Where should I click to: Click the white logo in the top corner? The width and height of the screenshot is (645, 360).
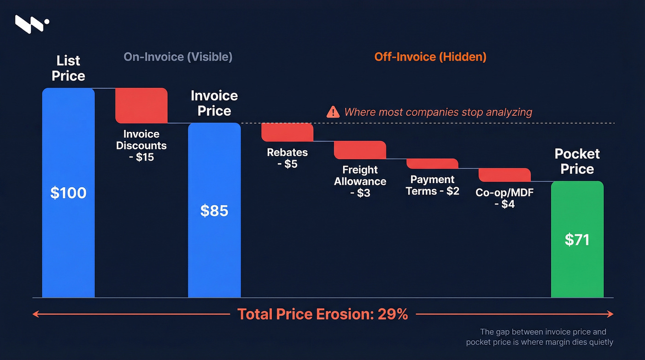[x=31, y=24]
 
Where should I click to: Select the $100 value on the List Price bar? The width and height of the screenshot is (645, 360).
[x=68, y=193]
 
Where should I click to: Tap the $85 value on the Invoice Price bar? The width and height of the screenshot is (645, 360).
[x=214, y=211]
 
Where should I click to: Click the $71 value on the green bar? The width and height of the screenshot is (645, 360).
[x=577, y=240]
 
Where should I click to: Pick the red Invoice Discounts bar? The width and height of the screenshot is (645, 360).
[x=141, y=106]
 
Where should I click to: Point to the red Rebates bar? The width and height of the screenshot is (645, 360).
[x=287, y=132]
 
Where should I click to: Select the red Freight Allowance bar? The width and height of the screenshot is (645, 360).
[x=360, y=150]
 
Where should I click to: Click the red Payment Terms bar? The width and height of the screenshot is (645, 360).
[x=432, y=164]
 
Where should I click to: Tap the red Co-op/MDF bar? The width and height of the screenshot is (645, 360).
[x=504, y=175]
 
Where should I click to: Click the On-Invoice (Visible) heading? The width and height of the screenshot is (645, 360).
[x=178, y=57]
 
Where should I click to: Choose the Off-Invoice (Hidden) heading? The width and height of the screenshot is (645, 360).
[x=430, y=57]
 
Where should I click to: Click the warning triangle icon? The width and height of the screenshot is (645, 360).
[x=333, y=112]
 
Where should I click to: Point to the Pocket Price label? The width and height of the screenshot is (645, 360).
[x=577, y=161]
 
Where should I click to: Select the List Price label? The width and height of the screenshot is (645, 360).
[x=68, y=68]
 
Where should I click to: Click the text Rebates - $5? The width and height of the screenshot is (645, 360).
[x=287, y=158]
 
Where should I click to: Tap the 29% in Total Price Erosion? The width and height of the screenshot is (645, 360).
[x=393, y=314]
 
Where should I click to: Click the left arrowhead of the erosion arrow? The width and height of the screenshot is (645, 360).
[x=35, y=314]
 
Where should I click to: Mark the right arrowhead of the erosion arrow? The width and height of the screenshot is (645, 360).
[x=610, y=314]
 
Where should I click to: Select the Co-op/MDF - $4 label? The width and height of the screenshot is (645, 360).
[x=504, y=198]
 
